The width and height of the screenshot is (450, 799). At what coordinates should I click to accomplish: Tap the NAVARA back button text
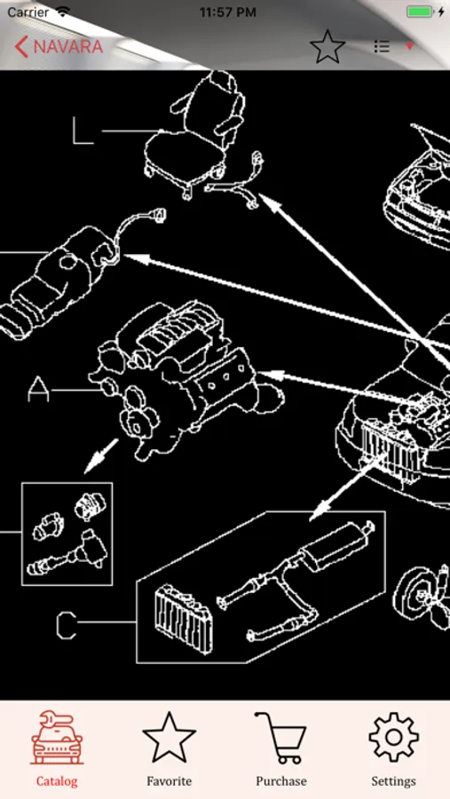(x=67, y=47)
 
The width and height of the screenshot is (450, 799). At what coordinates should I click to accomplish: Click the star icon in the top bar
(x=328, y=46)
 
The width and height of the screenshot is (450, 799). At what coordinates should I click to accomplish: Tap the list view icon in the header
(x=382, y=46)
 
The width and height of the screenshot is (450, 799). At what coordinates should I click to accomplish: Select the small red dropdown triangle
(x=408, y=46)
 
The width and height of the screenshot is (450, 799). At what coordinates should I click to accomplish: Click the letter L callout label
(x=83, y=131)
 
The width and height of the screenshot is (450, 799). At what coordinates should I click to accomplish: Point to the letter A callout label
(x=39, y=390)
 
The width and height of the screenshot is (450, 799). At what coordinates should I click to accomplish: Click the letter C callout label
(x=66, y=625)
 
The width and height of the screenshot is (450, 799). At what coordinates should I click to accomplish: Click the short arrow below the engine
(x=101, y=455)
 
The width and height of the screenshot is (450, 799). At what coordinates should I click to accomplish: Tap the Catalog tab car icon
(x=57, y=739)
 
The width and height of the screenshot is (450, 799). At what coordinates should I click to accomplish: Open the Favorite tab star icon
(x=170, y=738)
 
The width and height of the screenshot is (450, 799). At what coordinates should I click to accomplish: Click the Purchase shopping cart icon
(x=281, y=738)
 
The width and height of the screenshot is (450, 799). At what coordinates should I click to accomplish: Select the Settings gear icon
(x=393, y=738)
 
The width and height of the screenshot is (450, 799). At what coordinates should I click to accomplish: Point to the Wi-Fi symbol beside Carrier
(x=64, y=11)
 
